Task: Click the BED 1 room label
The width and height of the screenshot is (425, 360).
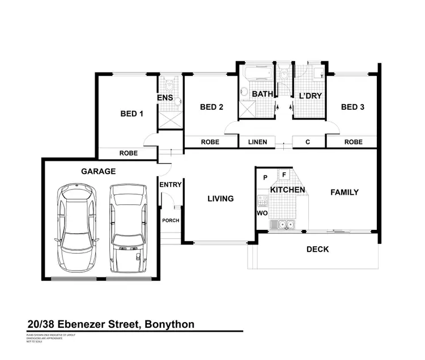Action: pyautogui.click(x=131, y=114)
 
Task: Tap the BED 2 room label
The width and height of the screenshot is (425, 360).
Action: pyautogui.click(x=211, y=107)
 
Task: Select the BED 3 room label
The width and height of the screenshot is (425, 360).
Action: pyautogui.click(x=352, y=107)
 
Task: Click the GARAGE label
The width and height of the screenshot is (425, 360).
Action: pyautogui.click(x=98, y=171)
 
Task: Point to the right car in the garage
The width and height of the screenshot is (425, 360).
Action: pyautogui.click(x=128, y=224)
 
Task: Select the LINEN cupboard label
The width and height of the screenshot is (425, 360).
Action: pyautogui.click(x=258, y=142)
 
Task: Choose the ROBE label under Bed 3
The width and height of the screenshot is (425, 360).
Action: pyautogui.click(x=353, y=142)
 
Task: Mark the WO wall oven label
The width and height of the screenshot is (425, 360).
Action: pyautogui.click(x=262, y=213)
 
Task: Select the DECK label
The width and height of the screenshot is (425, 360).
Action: pyautogui.click(x=317, y=249)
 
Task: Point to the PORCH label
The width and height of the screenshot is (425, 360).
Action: pyautogui.click(x=171, y=221)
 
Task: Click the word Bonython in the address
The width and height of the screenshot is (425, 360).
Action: pyautogui.click(x=169, y=324)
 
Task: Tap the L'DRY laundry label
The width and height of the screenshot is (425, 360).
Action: pyautogui.click(x=310, y=96)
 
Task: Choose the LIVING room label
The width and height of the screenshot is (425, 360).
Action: pyautogui.click(x=220, y=199)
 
